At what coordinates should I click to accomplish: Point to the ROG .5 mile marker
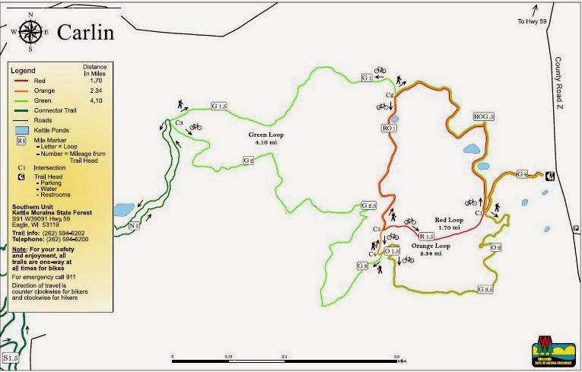[x=483, y=116]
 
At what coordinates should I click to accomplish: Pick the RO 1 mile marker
[x=389, y=129]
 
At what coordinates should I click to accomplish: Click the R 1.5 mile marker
[x=425, y=237]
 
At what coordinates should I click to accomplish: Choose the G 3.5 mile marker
[x=485, y=290]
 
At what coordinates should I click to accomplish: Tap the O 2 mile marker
[x=496, y=247]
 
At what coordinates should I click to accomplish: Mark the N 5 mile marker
[x=135, y=225]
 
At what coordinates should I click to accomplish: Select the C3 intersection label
[x=179, y=122]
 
